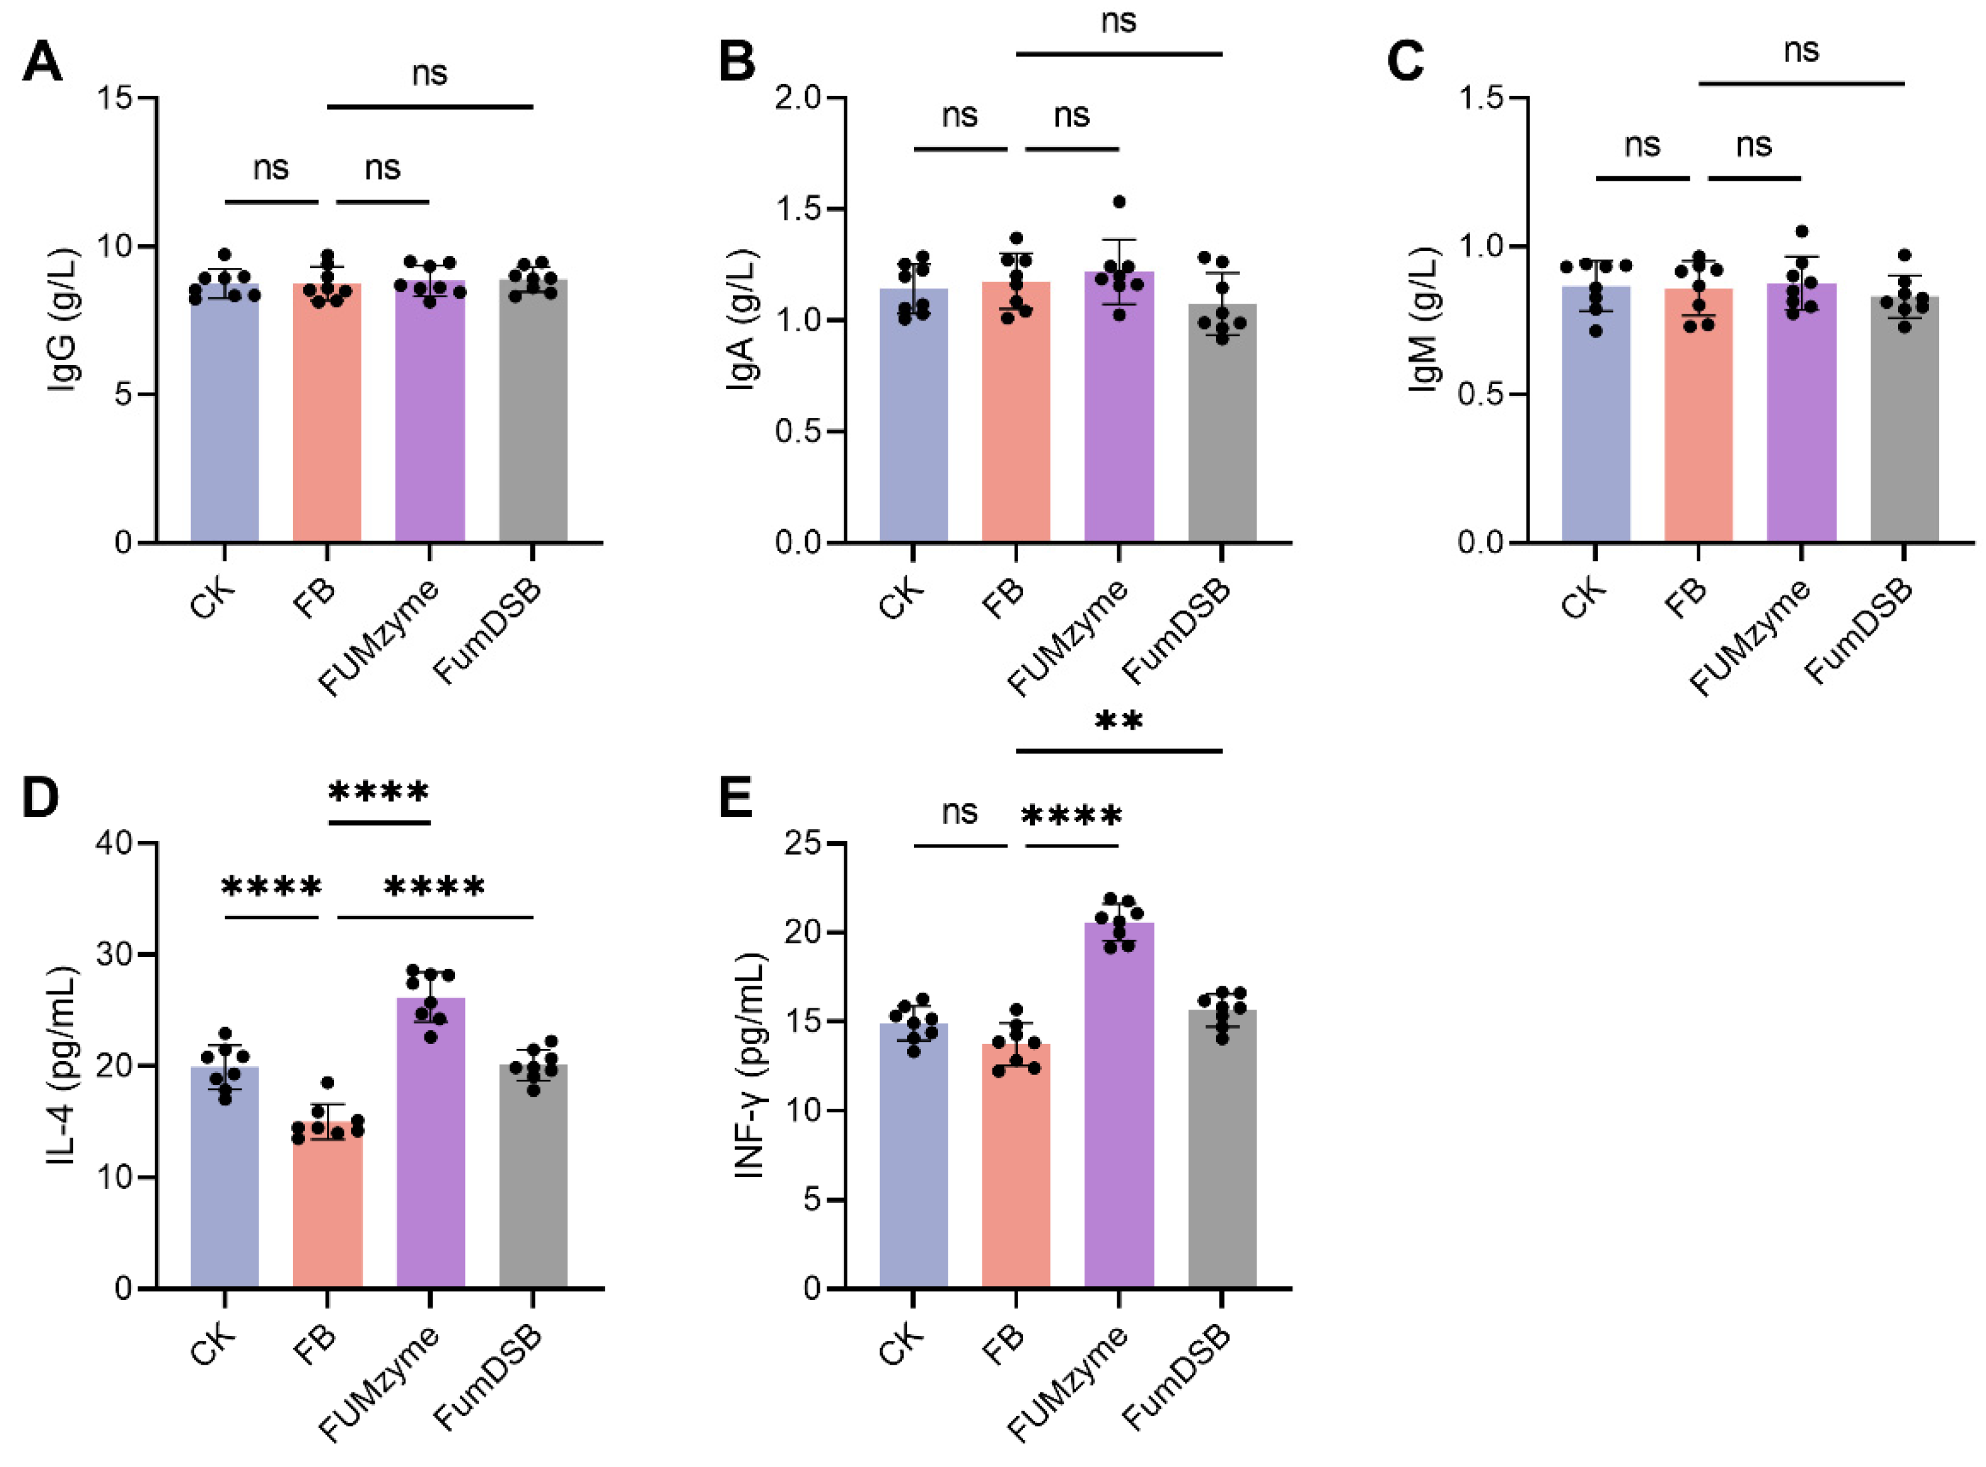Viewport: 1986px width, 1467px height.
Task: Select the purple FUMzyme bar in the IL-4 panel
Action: point(430,1155)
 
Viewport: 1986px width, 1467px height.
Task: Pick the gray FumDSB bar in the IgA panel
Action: point(1221,435)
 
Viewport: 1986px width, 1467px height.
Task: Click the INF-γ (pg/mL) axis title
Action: point(751,1065)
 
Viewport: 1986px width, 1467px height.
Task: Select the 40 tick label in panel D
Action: point(115,843)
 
